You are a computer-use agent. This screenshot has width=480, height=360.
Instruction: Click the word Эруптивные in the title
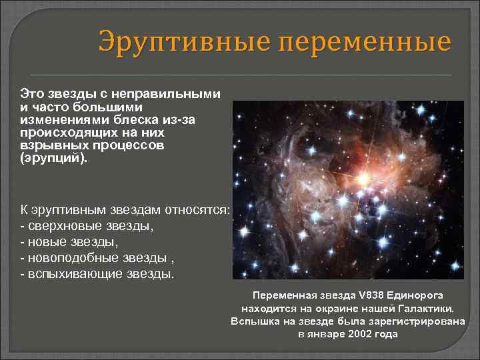[x=185, y=41]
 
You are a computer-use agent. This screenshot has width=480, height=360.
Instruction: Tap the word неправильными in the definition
[x=166, y=94]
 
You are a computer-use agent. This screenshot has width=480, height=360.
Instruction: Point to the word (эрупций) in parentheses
[x=53, y=158]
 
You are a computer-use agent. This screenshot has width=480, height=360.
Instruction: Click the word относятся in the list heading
[x=197, y=210]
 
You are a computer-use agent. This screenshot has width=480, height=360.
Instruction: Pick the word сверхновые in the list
[x=65, y=226]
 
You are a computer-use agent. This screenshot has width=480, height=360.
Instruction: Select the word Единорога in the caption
[x=415, y=296]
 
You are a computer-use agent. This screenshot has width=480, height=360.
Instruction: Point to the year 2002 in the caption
[x=359, y=334]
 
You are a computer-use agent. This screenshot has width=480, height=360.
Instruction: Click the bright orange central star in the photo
[x=364, y=179]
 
